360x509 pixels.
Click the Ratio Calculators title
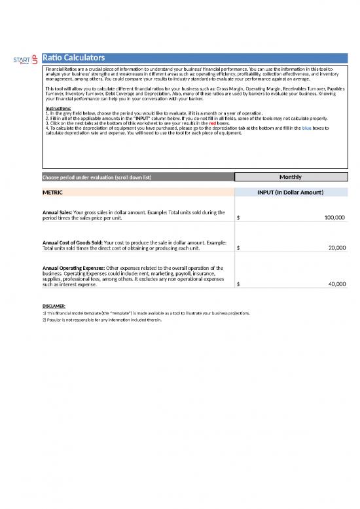tap(74, 58)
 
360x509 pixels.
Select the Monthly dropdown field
tap(290, 177)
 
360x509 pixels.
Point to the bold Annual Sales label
tap(57, 212)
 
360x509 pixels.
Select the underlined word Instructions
tap(58, 108)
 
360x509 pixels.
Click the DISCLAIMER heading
tap(53, 307)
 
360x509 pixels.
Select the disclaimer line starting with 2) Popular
tap(101, 320)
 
